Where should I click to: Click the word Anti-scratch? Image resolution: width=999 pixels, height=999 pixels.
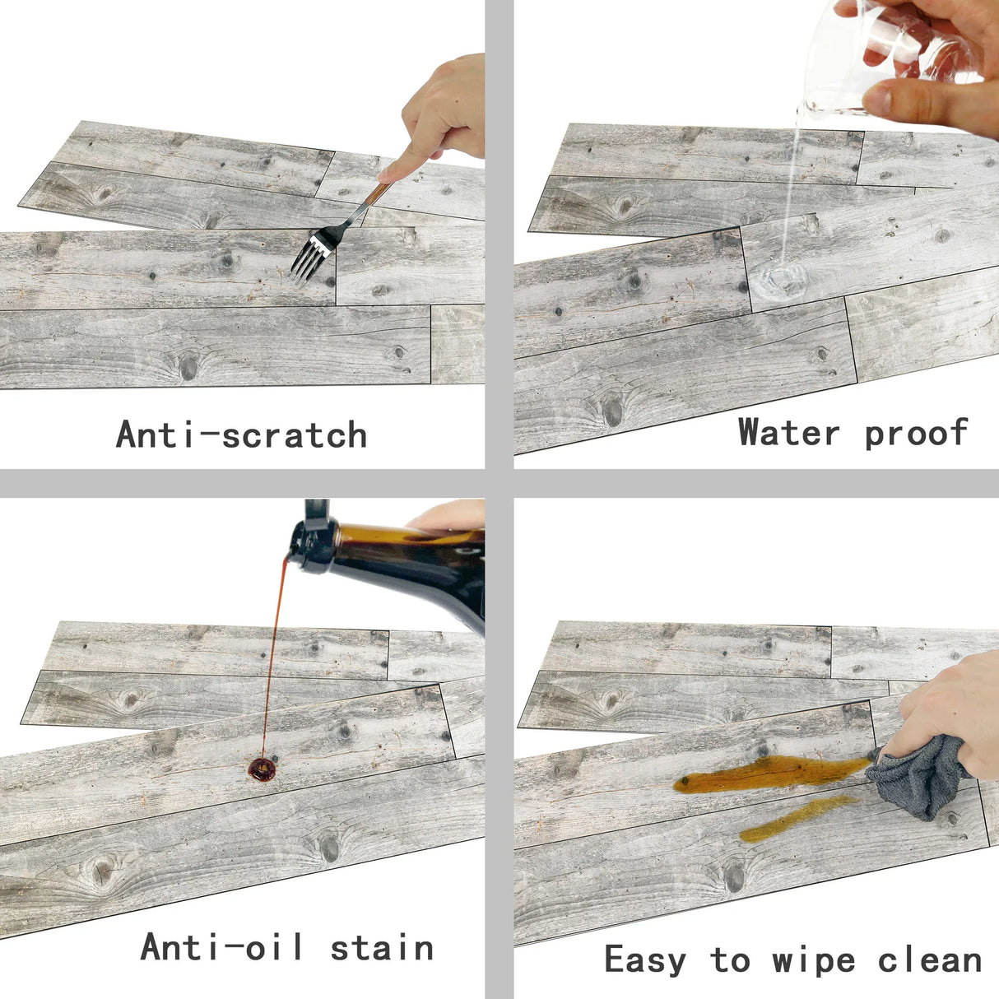(242, 434)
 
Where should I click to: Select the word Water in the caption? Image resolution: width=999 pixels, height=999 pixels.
(788, 431)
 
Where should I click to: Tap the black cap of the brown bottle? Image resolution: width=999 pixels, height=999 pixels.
(314, 537)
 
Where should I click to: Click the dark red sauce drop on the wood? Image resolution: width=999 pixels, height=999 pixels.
(263, 769)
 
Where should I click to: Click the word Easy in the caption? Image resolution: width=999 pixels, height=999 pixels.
(645, 960)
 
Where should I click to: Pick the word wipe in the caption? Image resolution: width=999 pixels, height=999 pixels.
(813, 960)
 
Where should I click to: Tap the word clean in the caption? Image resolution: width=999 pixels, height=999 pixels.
(930, 960)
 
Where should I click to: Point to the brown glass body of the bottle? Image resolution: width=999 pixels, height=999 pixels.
(415, 565)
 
